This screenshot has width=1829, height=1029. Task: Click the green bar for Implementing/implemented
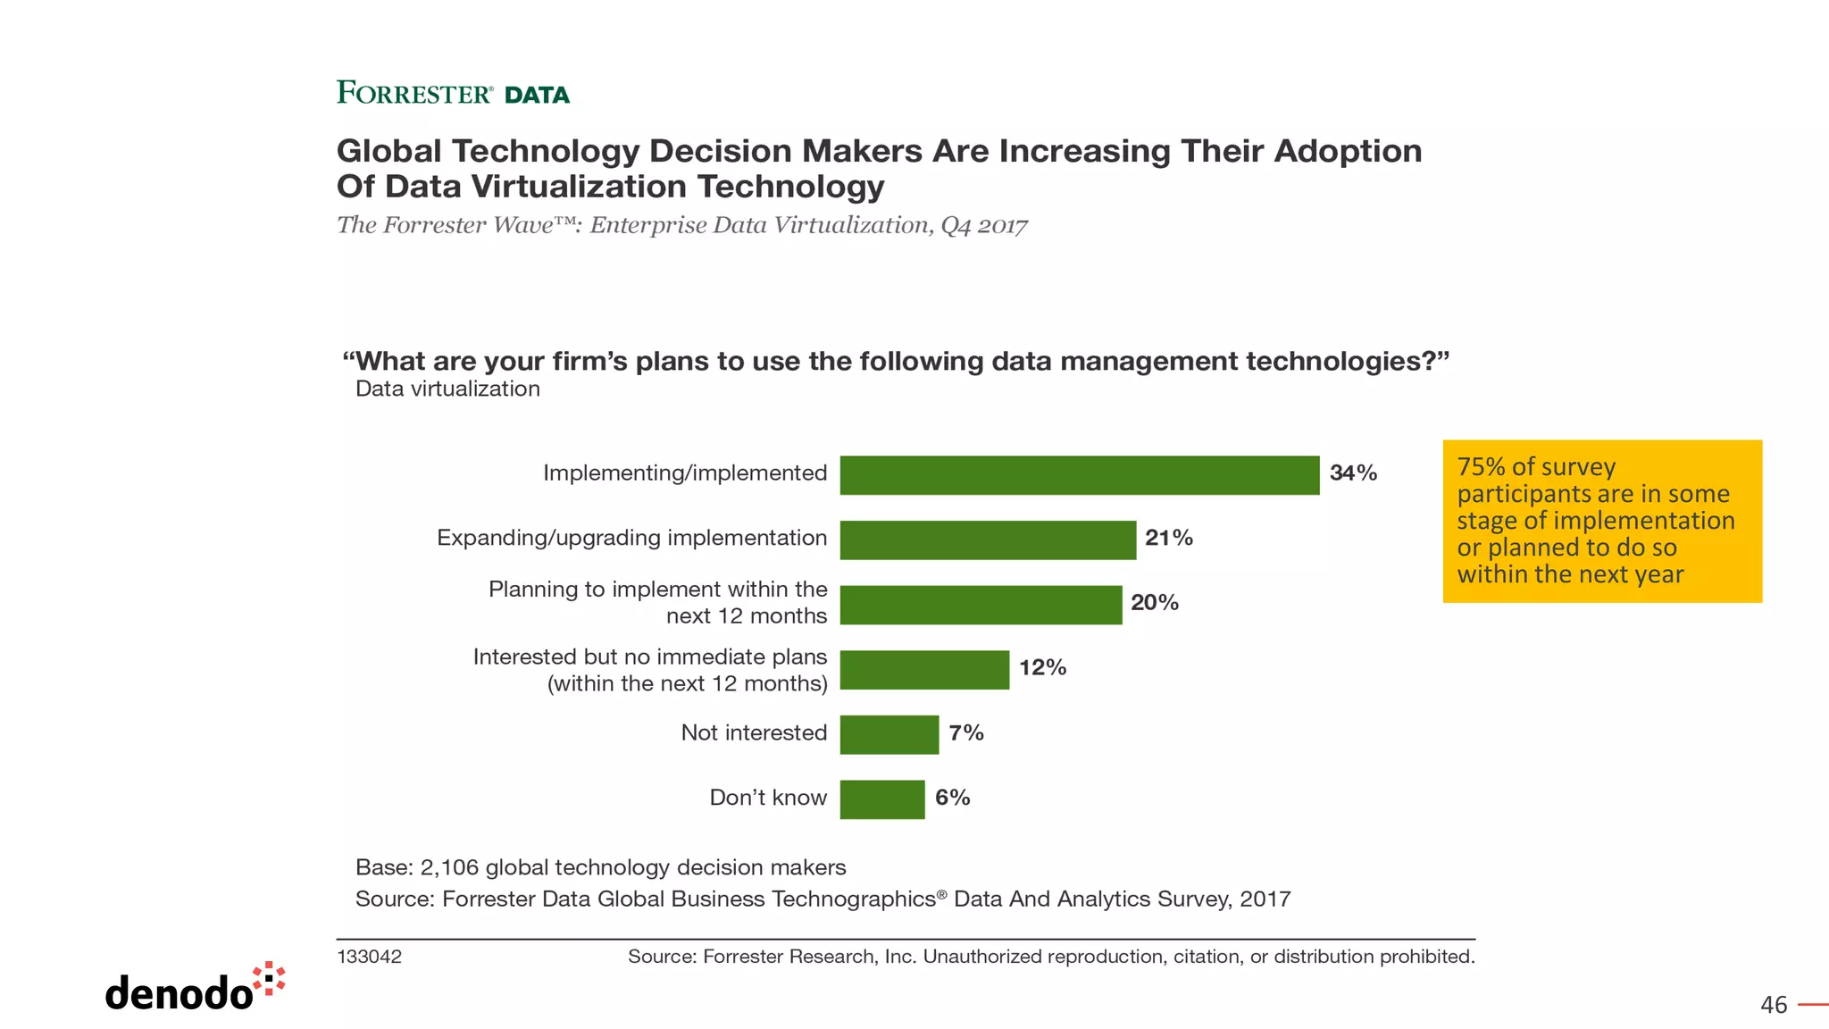tap(1079, 474)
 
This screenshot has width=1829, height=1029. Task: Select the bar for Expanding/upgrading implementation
tap(988, 540)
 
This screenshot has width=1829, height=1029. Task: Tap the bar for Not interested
tap(889, 734)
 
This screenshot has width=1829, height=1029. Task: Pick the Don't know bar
tap(882, 799)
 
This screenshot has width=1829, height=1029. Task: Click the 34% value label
tap(1353, 473)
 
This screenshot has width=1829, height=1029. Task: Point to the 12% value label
tap(1042, 667)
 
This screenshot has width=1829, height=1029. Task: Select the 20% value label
tap(1154, 603)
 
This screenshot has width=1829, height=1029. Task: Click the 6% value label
tap(952, 798)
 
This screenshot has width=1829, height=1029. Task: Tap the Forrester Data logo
tap(453, 93)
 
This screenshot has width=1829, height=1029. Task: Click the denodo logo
tap(195, 988)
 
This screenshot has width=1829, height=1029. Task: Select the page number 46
tap(1773, 1005)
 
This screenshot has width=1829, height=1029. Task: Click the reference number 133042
tap(369, 957)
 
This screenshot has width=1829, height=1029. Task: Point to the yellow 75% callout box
tap(1602, 521)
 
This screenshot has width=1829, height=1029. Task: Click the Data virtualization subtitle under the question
tap(447, 389)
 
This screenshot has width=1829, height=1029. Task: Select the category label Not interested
tap(754, 732)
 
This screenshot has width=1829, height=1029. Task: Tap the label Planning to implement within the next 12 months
tap(658, 602)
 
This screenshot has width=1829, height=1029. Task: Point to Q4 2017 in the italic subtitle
tap(983, 225)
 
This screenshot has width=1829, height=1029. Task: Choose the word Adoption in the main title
tap(1348, 151)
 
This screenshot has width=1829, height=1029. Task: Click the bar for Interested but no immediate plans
tap(924, 670)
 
